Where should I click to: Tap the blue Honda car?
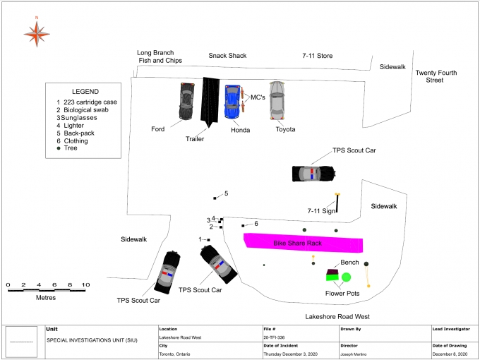(232, 102)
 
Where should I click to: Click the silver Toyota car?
(277, 100)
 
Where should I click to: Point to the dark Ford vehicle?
(186, 102)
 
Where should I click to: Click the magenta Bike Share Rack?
(304, 243)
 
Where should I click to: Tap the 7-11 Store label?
(317, 56)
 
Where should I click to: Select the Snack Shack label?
(227, 56)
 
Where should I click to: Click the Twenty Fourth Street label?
(436, 76)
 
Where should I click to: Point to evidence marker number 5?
(215, 197)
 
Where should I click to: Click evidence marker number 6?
(243, 225)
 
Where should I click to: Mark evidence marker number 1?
(209, 240)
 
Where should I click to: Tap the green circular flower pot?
(347, 277)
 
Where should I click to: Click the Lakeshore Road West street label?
(337, 317)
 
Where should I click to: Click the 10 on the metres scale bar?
(85, 284)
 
